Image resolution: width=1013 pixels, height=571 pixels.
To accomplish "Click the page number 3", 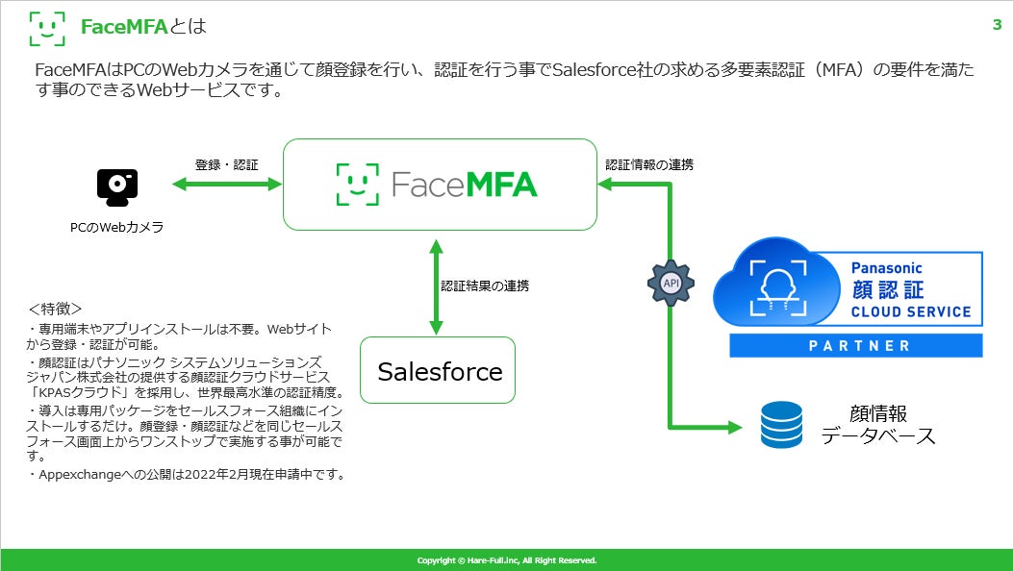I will (997, 25).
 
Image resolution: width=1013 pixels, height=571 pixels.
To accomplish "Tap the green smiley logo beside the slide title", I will (47, 28).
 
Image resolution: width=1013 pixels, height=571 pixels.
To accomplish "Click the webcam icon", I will (117, 188).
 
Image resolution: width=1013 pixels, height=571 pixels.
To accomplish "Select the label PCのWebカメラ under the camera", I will (117, 227).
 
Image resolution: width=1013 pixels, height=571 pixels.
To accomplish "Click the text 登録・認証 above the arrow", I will (227, 164).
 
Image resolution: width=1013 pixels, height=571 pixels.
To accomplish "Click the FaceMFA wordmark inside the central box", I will (438, 184).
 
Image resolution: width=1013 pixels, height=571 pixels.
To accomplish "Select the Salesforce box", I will (438, 370).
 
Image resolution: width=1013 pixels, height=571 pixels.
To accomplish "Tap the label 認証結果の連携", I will (485, 285).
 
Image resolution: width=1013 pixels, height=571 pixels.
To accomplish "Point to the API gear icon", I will (671, 284).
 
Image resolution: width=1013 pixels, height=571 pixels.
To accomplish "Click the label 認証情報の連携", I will (649, 164).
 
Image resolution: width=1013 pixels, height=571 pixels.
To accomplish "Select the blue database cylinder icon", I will (781, 425).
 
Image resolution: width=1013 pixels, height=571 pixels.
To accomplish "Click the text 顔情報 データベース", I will (877, 425).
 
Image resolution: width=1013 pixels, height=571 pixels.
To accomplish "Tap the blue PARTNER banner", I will (855, 346).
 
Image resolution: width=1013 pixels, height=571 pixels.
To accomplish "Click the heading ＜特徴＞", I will (55, 310).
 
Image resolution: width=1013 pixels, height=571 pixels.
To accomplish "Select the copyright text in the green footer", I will (507, 560).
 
